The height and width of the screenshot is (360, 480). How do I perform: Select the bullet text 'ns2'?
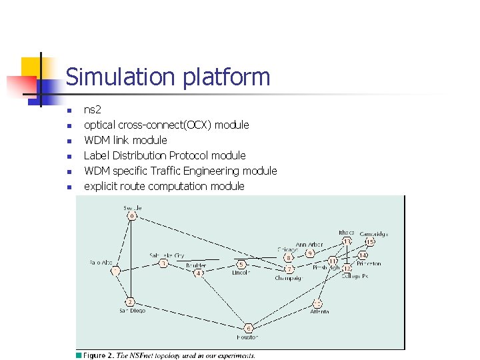[x=92, y=109]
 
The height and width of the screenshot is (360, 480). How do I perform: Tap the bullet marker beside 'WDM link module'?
[x=69, y=141]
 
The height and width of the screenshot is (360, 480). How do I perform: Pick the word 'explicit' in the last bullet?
[x=101, y=186]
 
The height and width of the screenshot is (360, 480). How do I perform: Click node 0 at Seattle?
[x=132, y=215]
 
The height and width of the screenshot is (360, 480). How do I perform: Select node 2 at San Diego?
[x=131, y=302]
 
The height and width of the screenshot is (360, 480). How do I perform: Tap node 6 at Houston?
[x=248, y=328]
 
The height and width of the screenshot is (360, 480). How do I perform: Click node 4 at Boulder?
[x=199, y=273]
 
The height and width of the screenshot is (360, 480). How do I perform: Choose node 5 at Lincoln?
[x=241, y=265]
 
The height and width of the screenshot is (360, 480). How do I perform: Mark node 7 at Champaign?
[x=289, y=269]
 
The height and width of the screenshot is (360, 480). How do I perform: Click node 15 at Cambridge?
[x=371, y=241]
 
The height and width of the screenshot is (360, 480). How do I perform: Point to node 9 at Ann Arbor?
[x=311, y=253]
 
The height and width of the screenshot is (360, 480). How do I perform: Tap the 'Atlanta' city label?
[x=319, y=312]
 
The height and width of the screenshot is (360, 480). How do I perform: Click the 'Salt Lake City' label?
[x=167, y=255]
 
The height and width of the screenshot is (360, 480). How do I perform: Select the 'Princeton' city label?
[x=368, y=263]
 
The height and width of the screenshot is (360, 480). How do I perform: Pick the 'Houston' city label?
[x=247, y=337]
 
